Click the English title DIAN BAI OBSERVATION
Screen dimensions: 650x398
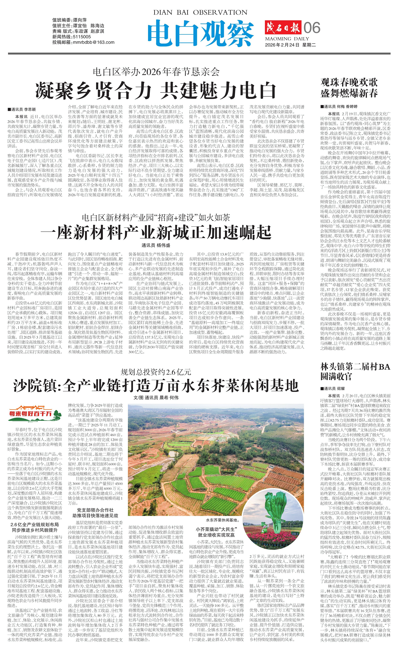(x=200, y=12)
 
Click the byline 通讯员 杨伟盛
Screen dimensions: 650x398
(x=156, y=245)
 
